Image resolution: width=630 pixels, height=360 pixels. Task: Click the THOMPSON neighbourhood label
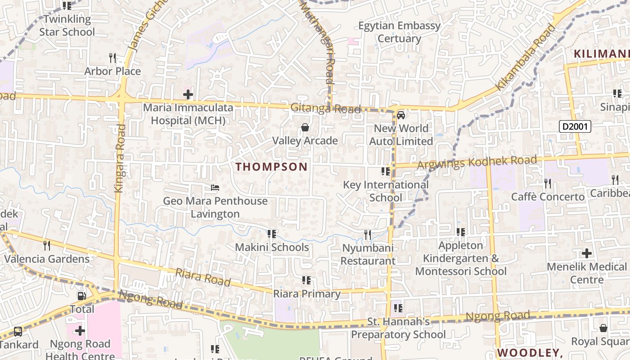[x=271, y=167]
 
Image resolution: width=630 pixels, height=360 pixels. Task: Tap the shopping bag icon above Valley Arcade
[x=305, y=128]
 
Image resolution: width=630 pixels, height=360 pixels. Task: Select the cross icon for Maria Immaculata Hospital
[x=188, y=94]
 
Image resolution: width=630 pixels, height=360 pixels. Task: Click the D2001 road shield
[x=575, y=126]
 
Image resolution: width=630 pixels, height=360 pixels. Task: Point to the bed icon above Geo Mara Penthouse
[x=215, y=188]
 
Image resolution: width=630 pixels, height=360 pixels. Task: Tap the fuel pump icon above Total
[x=82, y=296]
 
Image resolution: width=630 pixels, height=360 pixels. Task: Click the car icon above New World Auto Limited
[x=400, y=115]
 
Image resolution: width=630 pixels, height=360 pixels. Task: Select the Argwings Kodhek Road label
[x=477, y=162]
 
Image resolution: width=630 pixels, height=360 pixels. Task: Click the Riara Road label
[x=203, y=277]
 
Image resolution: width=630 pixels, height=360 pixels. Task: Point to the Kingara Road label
[x=120, y=158]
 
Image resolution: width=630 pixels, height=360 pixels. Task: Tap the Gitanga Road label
[x=325, y=108]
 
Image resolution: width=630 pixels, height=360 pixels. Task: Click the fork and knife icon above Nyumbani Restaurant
[x=368, y=234]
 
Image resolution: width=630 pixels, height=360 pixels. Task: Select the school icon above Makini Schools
[x=271, y=234]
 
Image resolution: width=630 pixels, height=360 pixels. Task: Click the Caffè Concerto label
[x=548, y=197]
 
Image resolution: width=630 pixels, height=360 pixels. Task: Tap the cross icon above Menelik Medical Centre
[x=587, y=253]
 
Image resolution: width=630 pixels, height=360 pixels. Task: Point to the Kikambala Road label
[x=526, y=57]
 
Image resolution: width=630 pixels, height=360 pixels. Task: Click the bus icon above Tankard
[x=18, y=332]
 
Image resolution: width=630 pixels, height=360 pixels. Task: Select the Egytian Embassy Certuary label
[x=399, y=32]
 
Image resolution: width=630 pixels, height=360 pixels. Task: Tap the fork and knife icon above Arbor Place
[x=112, y=58]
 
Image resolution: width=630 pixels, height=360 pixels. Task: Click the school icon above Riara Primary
[x=306, y=281]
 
